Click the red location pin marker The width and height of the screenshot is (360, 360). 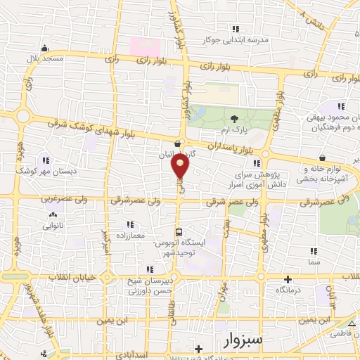(180, 167)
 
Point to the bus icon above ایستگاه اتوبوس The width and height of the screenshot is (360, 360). (179, 231)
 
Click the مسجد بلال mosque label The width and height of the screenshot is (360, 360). (45, 59)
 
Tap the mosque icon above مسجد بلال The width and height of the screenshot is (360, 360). (45, 48)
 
